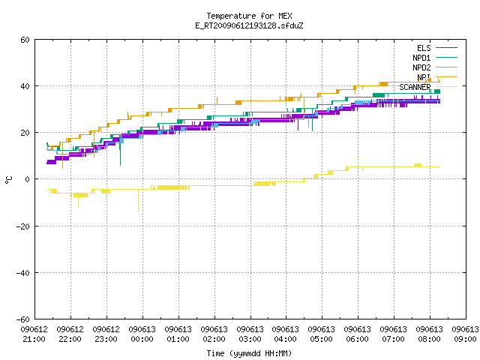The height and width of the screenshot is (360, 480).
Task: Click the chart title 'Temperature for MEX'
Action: click(x=249, y=16)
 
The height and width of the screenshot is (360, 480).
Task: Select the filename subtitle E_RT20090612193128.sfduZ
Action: click(x=249, y=25)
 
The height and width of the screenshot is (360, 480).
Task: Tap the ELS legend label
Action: click(x=424, y=48)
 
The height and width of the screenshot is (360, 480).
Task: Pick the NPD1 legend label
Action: click(x=421, y=58)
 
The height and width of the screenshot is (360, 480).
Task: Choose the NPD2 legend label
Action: click(x=421, y=67)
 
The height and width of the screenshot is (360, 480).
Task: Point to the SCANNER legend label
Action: click(x=415, y=87)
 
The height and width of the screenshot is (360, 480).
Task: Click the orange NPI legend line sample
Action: click(x=446, y=77)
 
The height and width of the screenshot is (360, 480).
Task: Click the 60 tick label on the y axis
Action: click(x=25, y=40)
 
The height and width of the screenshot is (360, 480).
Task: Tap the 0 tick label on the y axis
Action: click(x=28, y=179)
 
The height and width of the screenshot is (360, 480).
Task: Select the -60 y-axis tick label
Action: click(x=23, y=319)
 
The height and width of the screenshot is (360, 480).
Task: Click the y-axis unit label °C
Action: click(x=8, y=180)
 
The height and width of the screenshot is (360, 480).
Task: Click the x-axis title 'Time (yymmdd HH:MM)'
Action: click(x=249, y=353)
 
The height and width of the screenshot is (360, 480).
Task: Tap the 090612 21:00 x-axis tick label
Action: click(x=34, y=334)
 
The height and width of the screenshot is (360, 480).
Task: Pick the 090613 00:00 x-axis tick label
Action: click(x=142, y=334)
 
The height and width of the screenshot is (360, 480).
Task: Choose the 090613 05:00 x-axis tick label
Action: click(x=322, y=334)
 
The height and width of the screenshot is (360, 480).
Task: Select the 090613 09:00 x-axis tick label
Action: click(x=465, y=334)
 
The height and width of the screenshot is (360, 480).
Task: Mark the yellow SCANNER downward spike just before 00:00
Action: click(x=138, y=200)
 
